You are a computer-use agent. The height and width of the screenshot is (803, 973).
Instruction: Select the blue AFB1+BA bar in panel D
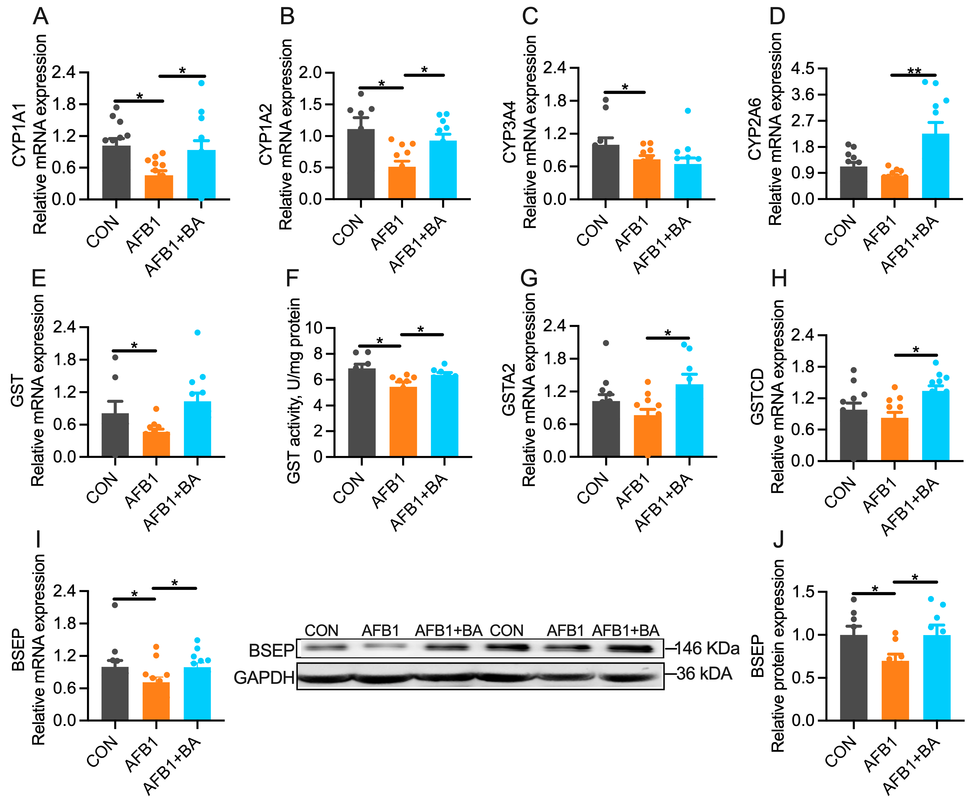[935, 166]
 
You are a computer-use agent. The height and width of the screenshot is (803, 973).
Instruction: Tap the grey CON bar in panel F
[361, 412]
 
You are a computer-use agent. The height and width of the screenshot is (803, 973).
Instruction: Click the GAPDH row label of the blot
[264, 678]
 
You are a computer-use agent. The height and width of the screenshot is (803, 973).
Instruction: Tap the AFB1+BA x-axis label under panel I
[172, 765]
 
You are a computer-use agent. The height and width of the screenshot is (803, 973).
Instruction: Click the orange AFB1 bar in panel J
[895, 690]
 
